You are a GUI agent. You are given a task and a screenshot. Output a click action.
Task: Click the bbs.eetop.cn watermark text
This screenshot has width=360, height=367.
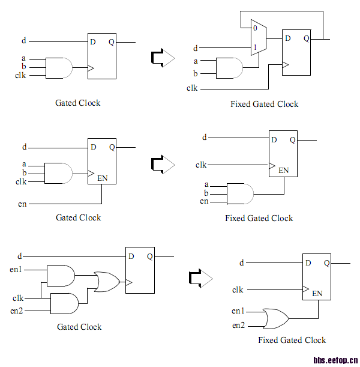click(335, 360)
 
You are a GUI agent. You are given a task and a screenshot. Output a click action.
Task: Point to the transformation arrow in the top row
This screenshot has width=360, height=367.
click(162, 58)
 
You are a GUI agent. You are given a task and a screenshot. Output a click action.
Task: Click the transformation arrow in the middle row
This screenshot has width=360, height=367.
click(162, 164)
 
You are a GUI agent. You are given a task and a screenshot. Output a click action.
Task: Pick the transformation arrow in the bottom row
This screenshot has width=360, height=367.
click(200, 278)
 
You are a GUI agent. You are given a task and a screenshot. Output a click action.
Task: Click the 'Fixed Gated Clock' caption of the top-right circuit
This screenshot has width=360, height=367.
click(265, 104)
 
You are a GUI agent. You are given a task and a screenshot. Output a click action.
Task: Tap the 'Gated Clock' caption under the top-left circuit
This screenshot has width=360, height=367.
click(78, 103)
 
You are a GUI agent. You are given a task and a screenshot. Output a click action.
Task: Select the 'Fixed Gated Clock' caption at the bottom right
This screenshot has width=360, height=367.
click(292, 340)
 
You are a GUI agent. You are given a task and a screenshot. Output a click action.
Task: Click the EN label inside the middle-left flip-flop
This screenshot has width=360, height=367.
click(103, 177)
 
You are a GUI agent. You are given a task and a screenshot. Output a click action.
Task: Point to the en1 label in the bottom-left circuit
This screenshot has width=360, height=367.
click(16, 269)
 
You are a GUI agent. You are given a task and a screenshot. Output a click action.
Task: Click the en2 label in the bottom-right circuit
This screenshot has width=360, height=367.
click(238, 325)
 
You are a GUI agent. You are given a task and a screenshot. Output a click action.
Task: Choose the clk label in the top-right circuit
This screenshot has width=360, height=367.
click(192, 88)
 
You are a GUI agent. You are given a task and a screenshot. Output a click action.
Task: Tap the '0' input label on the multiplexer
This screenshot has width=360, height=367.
click(255, 28)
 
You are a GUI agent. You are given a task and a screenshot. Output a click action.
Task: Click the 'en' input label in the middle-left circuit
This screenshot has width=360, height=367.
click(22, 204)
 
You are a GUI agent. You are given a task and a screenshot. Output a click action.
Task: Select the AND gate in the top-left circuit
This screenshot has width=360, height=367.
click(59, 68)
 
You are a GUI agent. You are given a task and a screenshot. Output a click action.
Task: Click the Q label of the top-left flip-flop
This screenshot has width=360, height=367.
click(112, 42)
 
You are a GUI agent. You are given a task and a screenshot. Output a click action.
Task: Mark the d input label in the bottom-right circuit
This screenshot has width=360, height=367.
click(242, 262)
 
